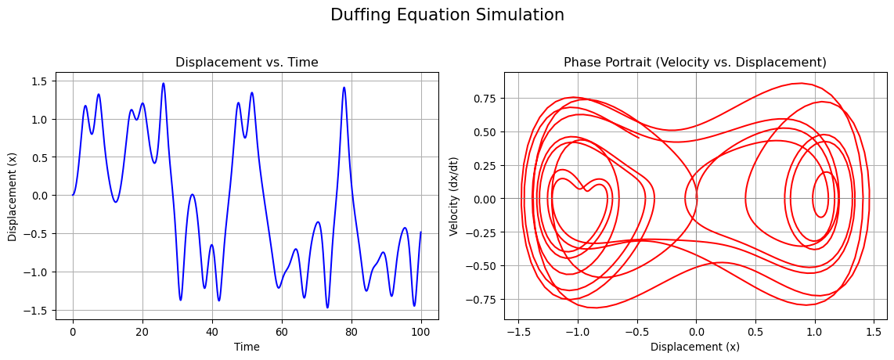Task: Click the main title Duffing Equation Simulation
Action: pos(447,15)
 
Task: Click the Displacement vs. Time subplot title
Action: pos(247,63)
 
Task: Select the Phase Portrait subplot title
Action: pos(695,63)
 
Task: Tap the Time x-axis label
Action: pos(247,347)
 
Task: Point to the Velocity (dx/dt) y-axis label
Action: pos(454,196)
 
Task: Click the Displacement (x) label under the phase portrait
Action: pos(695,347)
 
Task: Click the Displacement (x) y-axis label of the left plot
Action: pos(13,196)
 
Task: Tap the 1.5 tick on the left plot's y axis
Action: pos(38,81)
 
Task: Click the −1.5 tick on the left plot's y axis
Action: pos(34,310)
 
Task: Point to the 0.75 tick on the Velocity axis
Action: pos(483,99)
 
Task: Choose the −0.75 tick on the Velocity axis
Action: pos(480,300)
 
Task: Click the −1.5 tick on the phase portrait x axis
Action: pos(517,332)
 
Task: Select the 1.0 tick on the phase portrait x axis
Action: pos(814,332)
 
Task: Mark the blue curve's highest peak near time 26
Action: pos(164,83)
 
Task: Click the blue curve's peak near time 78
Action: pos(344,87)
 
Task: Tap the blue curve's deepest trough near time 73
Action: pos(327,308)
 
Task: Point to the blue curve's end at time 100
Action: pos(420,232)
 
